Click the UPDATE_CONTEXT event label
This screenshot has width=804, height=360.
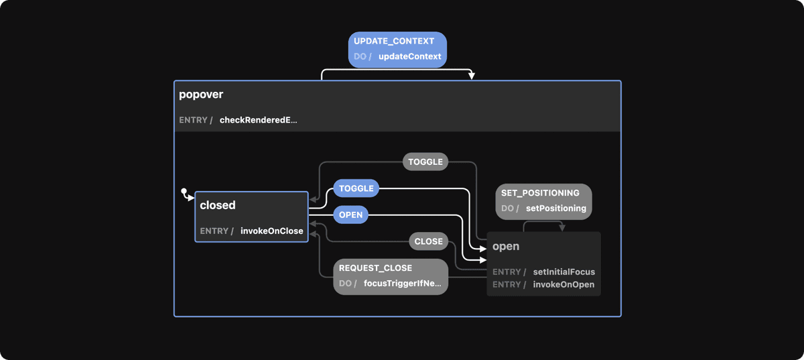coord(393,41)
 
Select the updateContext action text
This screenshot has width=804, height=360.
coord(409,56)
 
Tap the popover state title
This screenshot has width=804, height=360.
coord(201,95)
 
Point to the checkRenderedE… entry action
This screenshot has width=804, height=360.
coord(258,120)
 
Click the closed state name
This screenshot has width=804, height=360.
coord(217,205)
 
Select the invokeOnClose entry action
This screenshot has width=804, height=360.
coord(271,231)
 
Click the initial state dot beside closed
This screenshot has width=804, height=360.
coord(184,192)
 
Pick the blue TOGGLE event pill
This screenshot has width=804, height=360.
coord(356,188)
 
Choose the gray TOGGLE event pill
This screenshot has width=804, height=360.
coord(425,162)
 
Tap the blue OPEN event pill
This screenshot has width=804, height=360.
coord(350,215)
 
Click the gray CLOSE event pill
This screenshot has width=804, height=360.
coord(428,241)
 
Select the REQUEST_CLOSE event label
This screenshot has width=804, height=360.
coord(375,267)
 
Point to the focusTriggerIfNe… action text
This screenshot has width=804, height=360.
coord(402,283)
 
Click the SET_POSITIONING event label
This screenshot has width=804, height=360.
coord(540,193)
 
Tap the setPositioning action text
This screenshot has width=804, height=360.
coord(555,208)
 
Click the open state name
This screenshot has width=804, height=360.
coord(506,246)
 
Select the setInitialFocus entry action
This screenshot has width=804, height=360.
coord(563,272)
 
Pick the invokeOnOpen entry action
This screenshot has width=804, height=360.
coord(563,284)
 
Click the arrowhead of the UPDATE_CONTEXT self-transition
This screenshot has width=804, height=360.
coord(472,76)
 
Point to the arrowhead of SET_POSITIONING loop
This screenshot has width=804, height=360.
coord(561,228)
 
